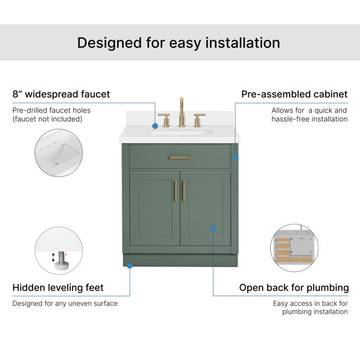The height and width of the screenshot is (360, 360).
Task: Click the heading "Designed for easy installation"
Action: click(179, 43)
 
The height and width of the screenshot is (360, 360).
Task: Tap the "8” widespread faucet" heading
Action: click(61, 94)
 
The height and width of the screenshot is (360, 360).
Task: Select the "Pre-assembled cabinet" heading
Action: click(295, 94)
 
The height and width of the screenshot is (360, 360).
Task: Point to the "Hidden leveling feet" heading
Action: click(58, 287)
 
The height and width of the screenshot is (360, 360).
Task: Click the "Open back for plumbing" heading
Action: click(294, 287)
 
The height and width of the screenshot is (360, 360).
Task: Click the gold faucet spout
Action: click(181, 112)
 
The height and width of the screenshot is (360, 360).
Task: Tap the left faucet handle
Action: click(164, 120)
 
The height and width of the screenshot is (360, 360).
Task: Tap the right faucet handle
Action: click(199, 120)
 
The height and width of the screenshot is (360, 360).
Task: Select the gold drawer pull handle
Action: click(180, 158)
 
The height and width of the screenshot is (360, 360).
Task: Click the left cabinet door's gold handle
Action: click(176, 191)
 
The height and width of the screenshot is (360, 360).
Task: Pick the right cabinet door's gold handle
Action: click(184, 191)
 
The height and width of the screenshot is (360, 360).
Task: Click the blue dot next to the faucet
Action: click(155, 126)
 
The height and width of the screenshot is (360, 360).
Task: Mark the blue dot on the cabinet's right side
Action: click(235, 157)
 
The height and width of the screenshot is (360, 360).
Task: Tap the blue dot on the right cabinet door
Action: click(213, 229)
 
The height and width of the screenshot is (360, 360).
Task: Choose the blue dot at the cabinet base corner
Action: click(130, 266)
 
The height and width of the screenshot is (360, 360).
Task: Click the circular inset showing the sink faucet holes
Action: click(59, 153)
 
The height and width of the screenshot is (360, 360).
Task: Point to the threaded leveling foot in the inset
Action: click(61, 260)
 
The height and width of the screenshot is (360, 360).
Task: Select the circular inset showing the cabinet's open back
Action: click(295, 248)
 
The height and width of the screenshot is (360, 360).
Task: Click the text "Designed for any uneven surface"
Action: click(65, 304)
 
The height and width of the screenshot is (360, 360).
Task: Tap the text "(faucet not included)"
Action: click(47, 119)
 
